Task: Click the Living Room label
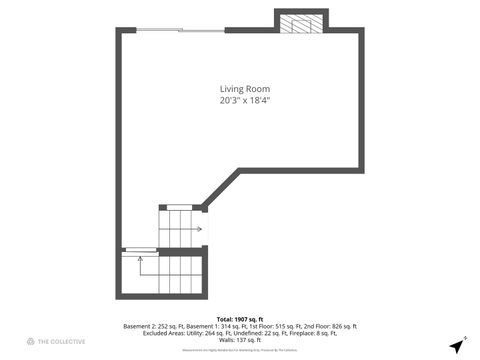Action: (245, 89)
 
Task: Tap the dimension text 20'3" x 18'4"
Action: (245, 100)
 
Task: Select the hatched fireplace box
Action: (301, 24)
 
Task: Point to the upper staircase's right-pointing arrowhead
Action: (200, 229)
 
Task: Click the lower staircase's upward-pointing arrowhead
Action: (141, 259)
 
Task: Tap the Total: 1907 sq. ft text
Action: (240, 319)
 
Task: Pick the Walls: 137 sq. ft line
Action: (240, 341)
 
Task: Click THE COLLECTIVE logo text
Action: (62, 342)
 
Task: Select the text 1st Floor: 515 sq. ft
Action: (265, 327)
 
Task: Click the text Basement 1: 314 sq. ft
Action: (211, 327)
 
